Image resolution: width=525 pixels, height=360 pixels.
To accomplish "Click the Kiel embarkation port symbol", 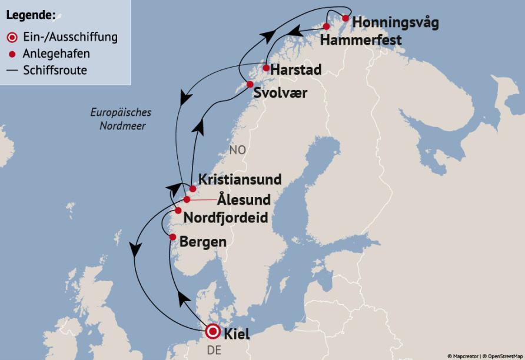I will [212, 332].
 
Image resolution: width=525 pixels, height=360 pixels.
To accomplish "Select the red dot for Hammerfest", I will [327, 26].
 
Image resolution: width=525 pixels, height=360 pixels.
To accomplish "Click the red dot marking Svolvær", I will [250, 84].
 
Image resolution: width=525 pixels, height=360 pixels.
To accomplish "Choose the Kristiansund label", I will [240, 179].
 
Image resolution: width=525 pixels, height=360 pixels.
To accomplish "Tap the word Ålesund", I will [244, 199].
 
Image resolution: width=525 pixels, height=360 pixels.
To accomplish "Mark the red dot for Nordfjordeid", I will [178, 211].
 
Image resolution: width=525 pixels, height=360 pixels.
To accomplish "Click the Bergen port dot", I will [172, 236].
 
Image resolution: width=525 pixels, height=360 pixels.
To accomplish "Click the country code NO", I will [237, 151].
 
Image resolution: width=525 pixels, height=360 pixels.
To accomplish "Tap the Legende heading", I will [31, 15].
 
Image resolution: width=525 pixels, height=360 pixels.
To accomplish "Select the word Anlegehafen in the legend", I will [57, 54].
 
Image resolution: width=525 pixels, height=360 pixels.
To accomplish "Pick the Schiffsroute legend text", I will [55, 71].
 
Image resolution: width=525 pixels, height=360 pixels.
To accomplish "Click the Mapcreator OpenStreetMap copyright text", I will [484, 356].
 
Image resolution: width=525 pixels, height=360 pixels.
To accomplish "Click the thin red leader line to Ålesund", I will [202, 199].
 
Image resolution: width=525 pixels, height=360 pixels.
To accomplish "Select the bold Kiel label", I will [237, 334].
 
